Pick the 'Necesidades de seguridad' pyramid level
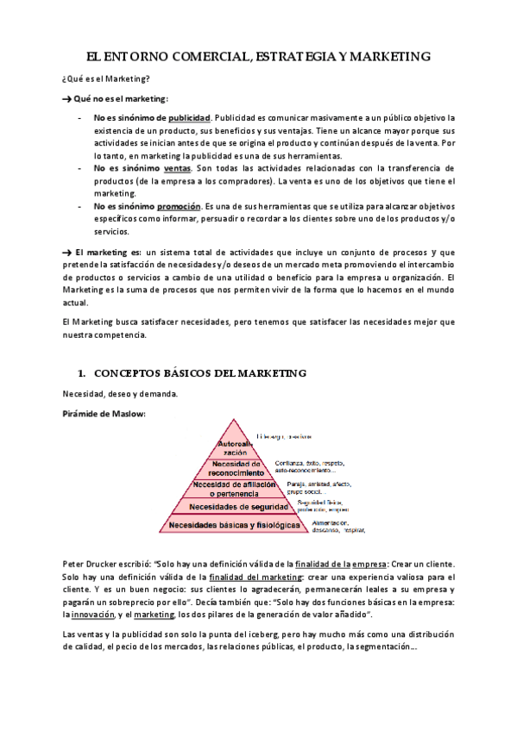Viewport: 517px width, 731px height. pyautogui.click(x=226, y=506)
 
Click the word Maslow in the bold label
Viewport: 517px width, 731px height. pyautogui.click(x=128, y=414)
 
